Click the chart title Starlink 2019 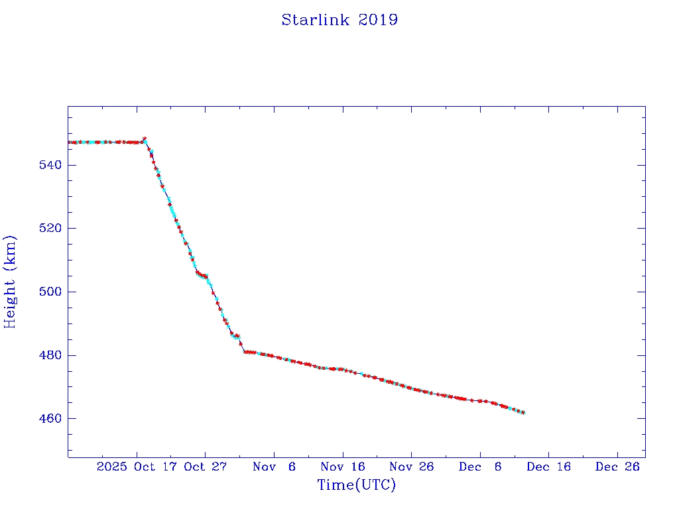click(339, 20)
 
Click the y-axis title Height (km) click(10, 282)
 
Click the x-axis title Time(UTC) click(357, 485)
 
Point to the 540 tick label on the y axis click(48, 164)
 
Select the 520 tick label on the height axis click(48, 228)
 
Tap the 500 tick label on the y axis click(48, 292)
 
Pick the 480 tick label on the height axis click(48, 355)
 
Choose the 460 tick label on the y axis click(48, 419)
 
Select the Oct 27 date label click(206, 467)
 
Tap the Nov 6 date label click(275, 467)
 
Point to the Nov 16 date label click(343, 467)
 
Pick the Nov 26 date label click(411, 467)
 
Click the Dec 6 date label click(480, 467)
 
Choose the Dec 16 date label click(548, 467)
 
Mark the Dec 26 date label click(617, 467)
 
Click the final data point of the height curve click(523, 412)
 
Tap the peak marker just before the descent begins click(145, 139)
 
